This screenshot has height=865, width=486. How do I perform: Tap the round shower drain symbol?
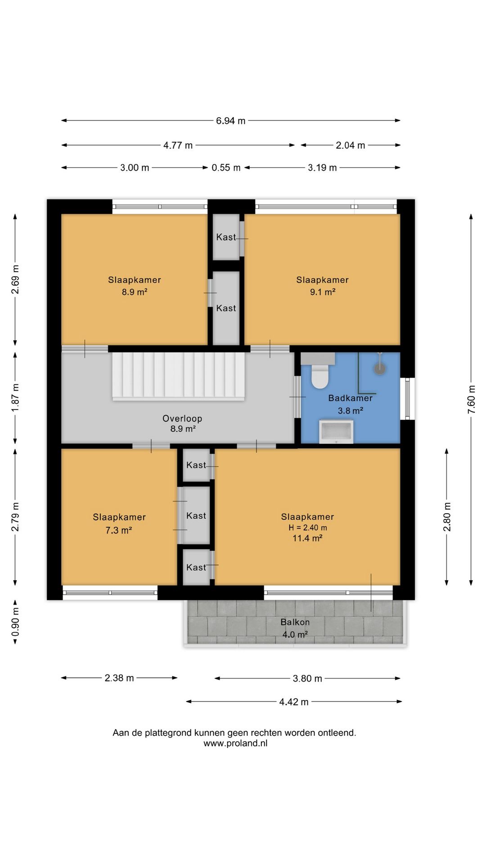click(x=380, y=369)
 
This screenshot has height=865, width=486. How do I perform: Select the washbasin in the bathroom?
click(x=336, y=432)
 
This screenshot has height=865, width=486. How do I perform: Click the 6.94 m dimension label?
click(x=231, y=121)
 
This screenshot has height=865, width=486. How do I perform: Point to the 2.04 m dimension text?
click(x=351, y=145)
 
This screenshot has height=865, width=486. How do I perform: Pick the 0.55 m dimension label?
click(x=226, y=168)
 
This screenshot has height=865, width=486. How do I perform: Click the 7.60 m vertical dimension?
click(x=471, y=400)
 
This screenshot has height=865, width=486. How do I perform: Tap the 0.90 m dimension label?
click(x=15, y=622)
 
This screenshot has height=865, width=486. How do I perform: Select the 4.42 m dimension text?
click(x=294, y=702)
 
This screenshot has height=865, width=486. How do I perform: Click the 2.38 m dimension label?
click(x=119, y=678)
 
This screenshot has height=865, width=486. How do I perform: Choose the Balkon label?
click(x=295, y=622)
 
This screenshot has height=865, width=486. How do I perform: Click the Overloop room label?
click(x=182, y=419)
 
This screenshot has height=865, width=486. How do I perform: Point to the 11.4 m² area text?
click(x=307, y=538)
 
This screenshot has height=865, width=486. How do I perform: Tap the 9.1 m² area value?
click(x=323, y=291)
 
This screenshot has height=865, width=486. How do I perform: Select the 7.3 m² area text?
click(x=119, y=530)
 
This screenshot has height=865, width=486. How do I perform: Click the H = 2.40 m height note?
click(x=308, y=528)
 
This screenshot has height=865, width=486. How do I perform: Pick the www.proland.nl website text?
click(x=235, y=743)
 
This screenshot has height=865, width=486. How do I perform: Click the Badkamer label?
click(x=351, y=398)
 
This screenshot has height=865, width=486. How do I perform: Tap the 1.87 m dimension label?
click(x=15, y=397)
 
